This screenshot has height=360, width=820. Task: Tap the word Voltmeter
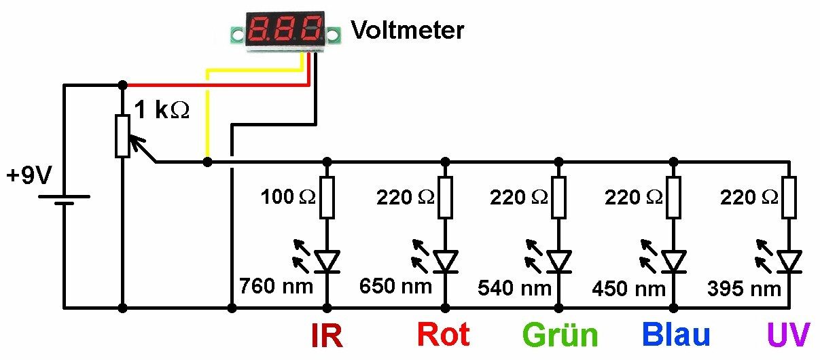pos(408,31)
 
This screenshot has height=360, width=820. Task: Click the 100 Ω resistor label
pos(287,198)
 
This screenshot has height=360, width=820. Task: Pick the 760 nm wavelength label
pos(276,285)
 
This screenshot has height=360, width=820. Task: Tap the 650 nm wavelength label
pos(395,286)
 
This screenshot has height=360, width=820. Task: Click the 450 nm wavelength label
pos(628,288)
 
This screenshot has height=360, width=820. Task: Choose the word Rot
pos(442,335)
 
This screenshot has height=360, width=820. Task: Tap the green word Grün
pos(560,336)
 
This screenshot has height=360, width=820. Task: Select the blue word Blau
pos(676,335)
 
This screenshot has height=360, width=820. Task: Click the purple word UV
pos(789,336)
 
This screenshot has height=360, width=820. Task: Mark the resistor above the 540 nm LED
pos(559,197)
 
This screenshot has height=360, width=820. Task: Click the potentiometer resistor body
pos(122,136)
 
